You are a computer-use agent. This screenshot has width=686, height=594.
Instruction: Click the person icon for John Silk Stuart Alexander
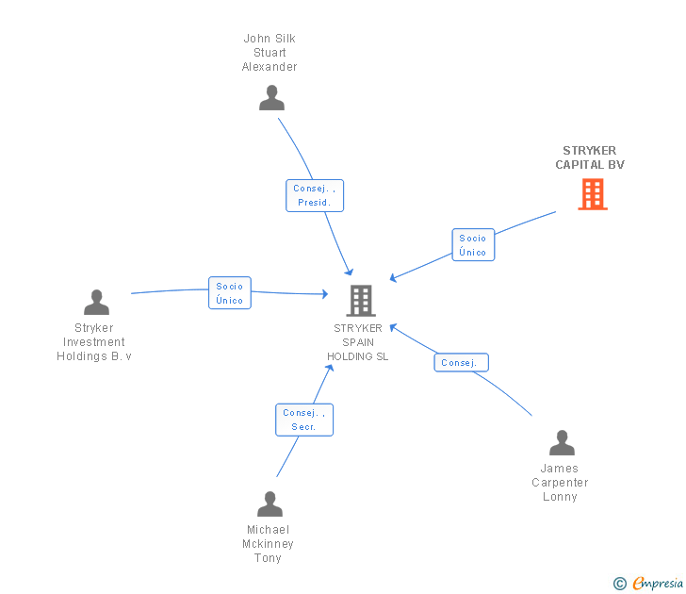click(x=271, y=98)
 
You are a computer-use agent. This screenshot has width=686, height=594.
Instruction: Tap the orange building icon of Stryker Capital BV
click(x=592, y=194)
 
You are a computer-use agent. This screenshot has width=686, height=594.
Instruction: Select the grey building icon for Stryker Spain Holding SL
click(x=361, y=301)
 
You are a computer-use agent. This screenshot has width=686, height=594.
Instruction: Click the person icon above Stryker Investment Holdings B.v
click(x=96, y=303)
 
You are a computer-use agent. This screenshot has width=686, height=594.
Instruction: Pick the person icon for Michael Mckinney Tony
click(x=269, y=504)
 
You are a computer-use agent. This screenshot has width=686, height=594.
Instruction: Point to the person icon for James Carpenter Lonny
click(x=562, y=443)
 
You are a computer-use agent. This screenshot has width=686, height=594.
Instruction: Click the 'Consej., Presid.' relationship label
click(x=314, y=195)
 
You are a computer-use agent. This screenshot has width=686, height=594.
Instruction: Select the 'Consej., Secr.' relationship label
click(x=303, y=420)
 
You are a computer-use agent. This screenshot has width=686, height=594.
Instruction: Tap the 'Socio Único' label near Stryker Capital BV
click(x=473, y=245)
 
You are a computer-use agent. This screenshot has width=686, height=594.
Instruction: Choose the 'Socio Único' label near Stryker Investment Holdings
click(x=229, y=293)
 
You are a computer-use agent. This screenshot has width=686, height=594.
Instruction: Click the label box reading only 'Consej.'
click(x=461, y=363)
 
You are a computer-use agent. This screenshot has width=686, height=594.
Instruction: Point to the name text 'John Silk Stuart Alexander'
click(x=269, y=53)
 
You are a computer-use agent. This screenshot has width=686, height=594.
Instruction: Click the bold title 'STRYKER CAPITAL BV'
click(x=590, y=157)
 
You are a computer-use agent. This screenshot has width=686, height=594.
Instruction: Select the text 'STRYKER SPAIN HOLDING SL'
click(x=357, y=342)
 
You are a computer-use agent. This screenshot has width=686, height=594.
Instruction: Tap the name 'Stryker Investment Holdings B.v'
click(x=94, y=342)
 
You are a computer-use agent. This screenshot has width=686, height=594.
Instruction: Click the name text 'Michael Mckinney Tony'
click(x=269, y=544)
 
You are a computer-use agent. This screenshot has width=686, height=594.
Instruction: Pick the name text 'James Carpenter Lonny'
click(x=560, y=483)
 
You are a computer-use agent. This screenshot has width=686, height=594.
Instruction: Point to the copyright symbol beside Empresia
click(x=619, y=584)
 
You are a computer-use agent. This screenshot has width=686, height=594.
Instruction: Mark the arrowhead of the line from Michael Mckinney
click(x=330, y=367)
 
